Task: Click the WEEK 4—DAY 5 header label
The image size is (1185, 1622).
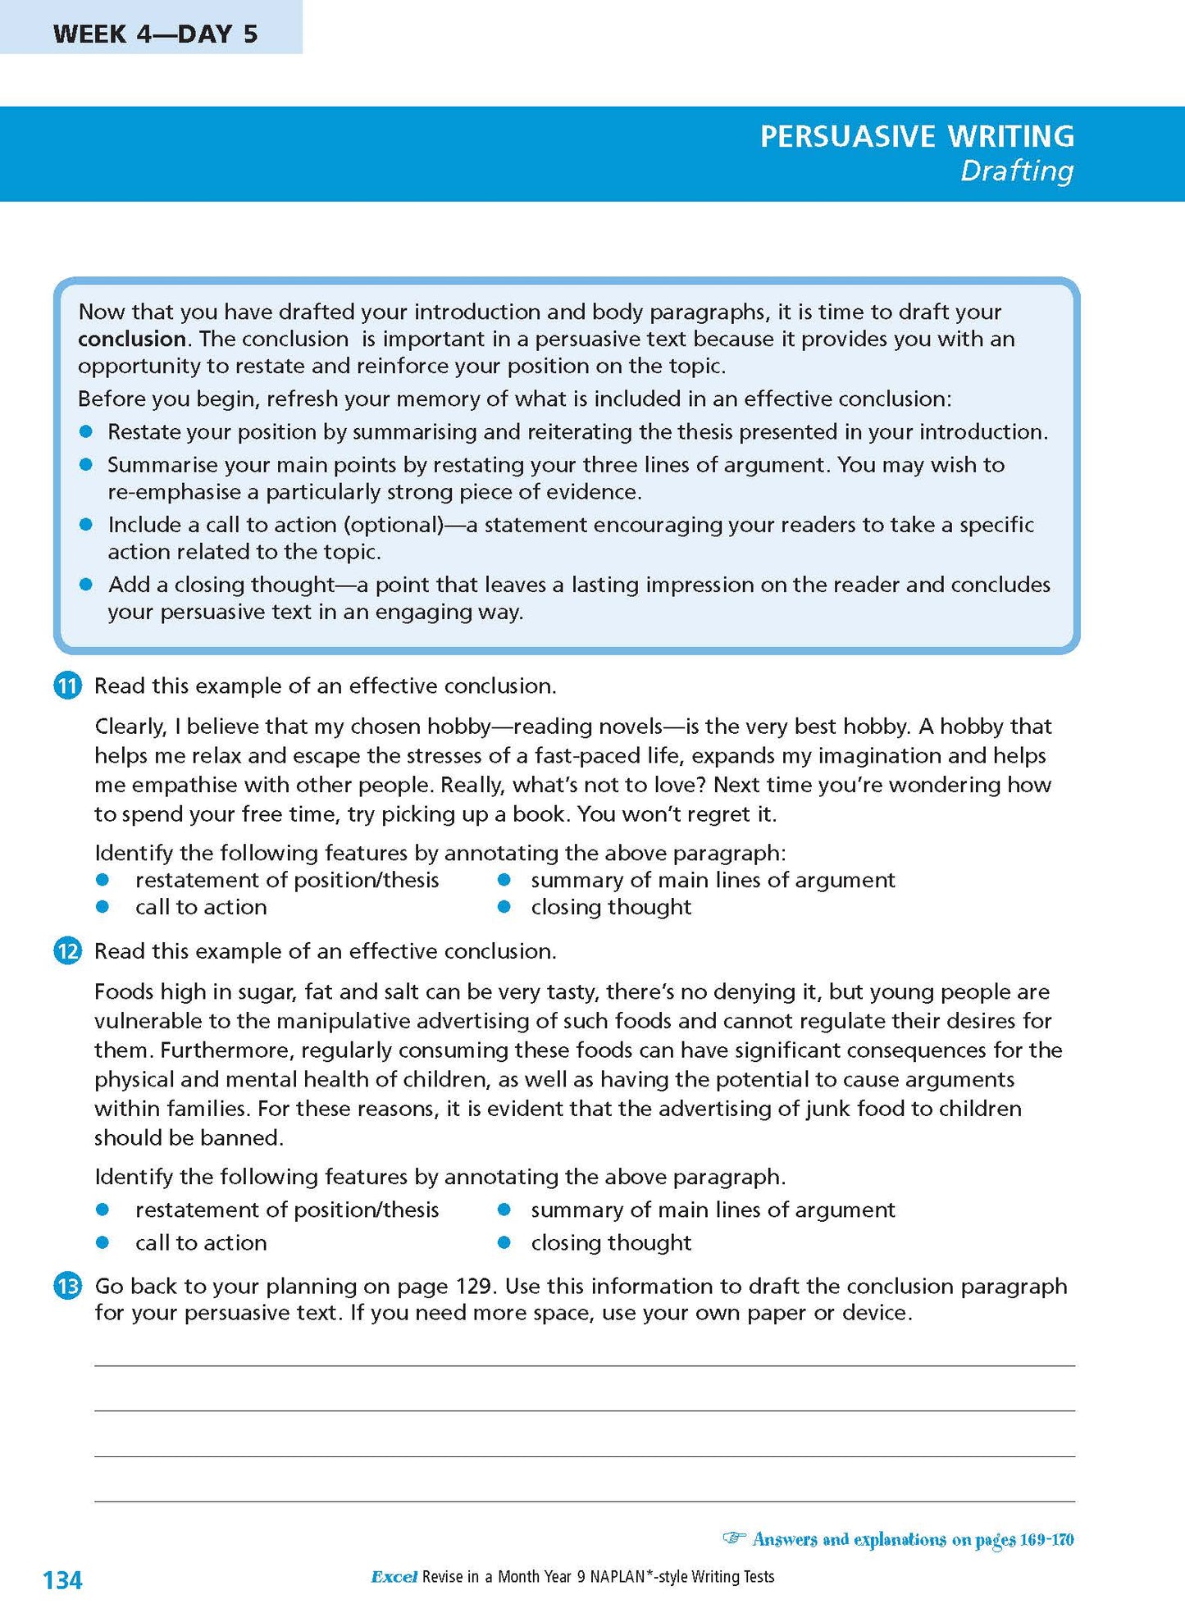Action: (155, 34)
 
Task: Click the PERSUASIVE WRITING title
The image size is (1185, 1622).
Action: (916, 136)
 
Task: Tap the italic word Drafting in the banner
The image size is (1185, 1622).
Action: (1016, 171)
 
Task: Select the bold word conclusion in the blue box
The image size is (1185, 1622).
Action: (131, 339)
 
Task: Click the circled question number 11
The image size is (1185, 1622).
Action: (67, 686)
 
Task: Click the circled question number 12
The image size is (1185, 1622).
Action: (67, 951)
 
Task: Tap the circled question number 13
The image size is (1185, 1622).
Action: (67, 1286)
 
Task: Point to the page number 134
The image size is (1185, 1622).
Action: (62, 1579)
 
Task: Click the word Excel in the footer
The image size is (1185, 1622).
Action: (394, 1576)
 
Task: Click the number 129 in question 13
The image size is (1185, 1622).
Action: (473, 1286)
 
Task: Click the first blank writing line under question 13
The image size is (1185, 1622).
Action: (584, 1365)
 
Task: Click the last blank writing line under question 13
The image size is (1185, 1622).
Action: (584, 1501)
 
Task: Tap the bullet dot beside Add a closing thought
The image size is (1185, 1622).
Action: (86, 585)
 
